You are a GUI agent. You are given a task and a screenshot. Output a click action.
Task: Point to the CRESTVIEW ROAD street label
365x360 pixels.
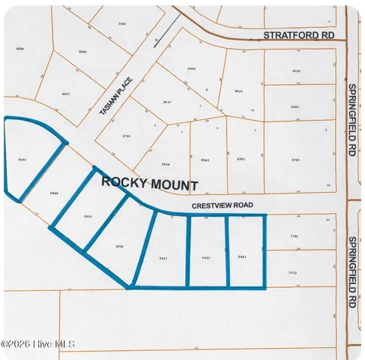[x=222, y=205]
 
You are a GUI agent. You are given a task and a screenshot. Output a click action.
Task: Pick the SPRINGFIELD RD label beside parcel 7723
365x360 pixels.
[x=352, y=273]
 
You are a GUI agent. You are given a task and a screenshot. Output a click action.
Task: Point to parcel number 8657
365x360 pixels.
[x=66, y=94]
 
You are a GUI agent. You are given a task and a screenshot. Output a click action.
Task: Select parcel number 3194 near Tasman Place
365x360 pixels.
[x=127, y=136]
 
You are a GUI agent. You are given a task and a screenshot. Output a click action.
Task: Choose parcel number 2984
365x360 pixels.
[x=123, y=24]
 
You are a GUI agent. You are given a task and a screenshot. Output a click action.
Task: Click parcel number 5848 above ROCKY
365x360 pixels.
[x=166, y=164]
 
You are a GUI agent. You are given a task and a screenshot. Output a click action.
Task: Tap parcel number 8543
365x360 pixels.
[x=205, y=160]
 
